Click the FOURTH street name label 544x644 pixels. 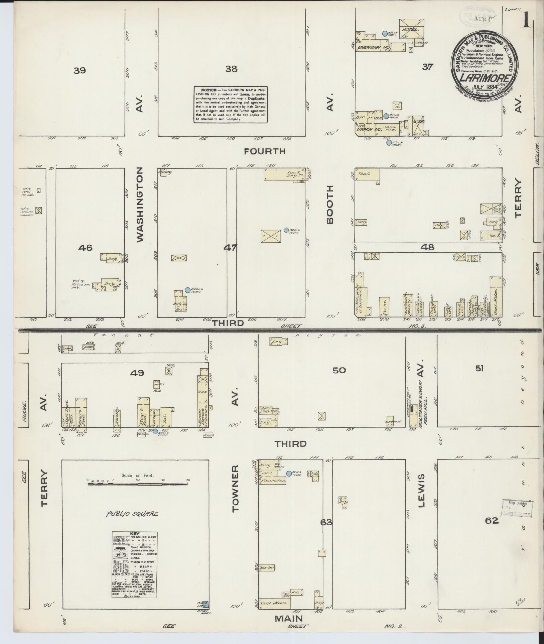(265, 151)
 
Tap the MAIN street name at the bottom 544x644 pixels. (289, 619)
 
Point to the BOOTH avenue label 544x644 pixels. (330, 205)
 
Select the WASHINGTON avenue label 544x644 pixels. (140, 204)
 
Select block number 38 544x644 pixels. (231, 69)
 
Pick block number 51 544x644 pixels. (480, 369)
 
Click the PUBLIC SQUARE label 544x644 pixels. (132, 514)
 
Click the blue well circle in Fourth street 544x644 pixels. (389, 143)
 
